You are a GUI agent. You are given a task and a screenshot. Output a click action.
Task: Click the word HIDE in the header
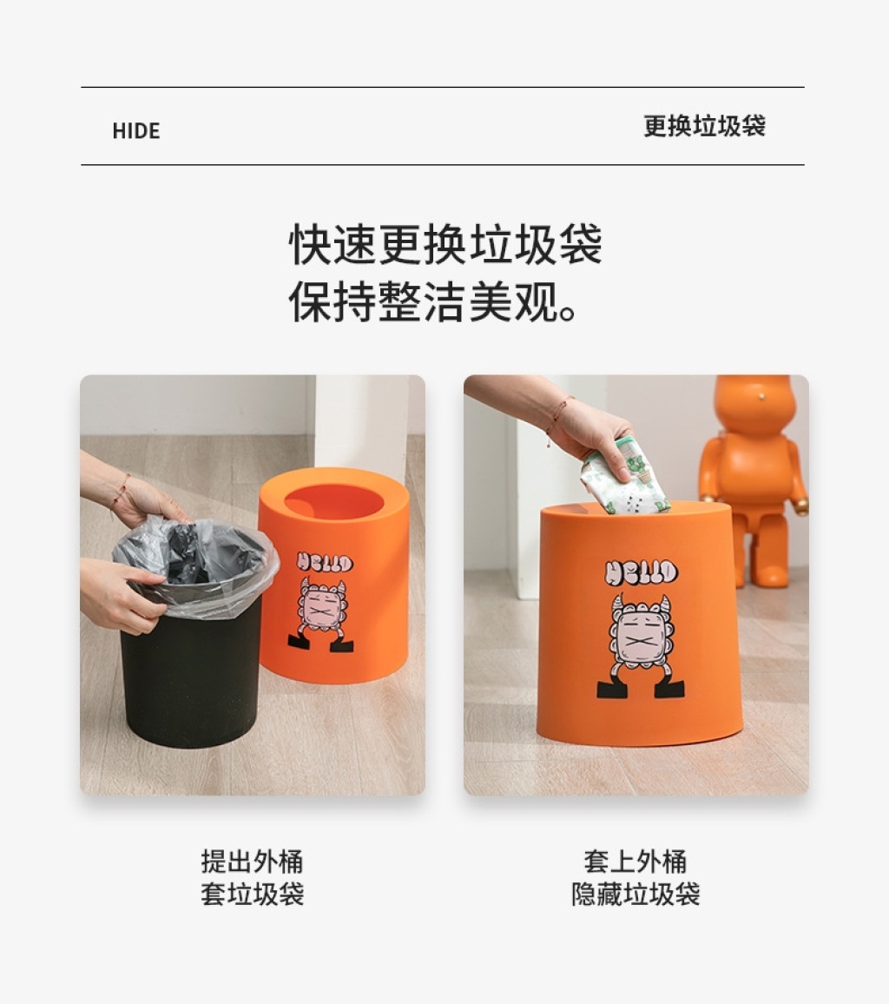point(135,130)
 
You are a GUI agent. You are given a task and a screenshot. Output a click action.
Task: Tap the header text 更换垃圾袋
point(704,125)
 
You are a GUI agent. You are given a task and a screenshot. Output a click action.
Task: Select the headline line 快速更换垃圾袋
point(445,244)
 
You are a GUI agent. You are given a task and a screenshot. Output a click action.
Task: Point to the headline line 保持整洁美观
point(434,301)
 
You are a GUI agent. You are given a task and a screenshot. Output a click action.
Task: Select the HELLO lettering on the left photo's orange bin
point(325,562)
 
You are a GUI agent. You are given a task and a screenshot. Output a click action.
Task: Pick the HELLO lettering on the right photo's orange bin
point(641,572)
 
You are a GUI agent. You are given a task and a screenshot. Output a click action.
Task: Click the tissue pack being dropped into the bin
point(624,477)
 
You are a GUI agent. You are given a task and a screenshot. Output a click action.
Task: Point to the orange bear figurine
point(754,480)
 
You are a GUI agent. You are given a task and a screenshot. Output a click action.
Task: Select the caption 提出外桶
point(252,862)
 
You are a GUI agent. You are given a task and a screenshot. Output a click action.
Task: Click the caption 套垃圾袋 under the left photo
point(252,894)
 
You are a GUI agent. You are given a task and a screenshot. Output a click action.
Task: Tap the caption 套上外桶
point(635,862)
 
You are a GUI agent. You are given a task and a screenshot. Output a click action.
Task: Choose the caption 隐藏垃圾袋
point(635,894)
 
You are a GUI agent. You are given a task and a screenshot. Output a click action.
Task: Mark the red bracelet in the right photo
point(556,419)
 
